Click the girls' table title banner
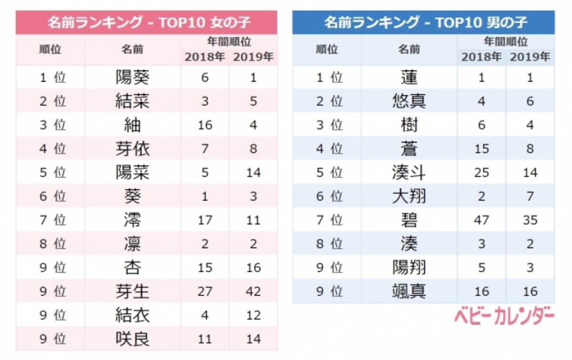coord(146,22)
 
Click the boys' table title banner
coord(423,22)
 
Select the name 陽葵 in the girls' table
coord(133,77)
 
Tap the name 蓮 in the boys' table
coord(409,77)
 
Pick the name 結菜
coord(133,101)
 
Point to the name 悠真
coord(409,101)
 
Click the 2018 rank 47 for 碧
coord(481,220)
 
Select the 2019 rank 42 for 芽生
coord(254,291)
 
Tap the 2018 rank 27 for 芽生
coord(204,291)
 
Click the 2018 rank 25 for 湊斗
coord(481,172)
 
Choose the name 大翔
coord(409,196)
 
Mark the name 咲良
coord(133,339)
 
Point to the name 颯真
coord(409,291)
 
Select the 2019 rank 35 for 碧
coord(530,220)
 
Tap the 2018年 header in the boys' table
coord(481,57)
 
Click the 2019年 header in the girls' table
coord(254,57)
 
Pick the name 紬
coord(133,125)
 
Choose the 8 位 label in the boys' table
coord(329,244)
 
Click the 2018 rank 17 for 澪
coord(204,220)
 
